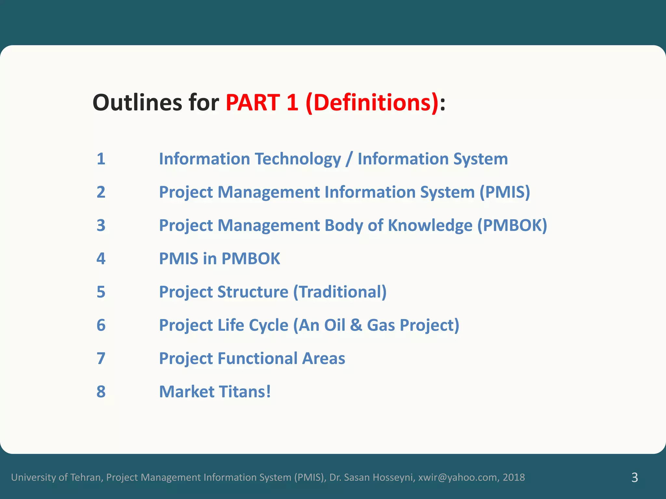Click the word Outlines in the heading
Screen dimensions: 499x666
[x=137, y=103]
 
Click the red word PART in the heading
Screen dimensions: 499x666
[x=253, y=103]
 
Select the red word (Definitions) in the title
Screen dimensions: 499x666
[x=372, y=103]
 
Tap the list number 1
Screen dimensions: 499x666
[x=101, y=159]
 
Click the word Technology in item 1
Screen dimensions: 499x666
[x=298, y=159]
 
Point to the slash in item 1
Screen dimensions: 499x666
[x=349, y=159]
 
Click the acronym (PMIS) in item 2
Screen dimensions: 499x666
[x=505, y=192]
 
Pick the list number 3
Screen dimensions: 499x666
[x=101, y=225]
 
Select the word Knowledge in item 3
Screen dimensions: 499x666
[x=430, y=225]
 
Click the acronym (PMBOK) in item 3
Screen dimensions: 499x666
[x=512, y=225]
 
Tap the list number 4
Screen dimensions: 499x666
[x=101, y=259]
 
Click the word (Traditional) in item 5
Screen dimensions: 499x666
[x=340, y=292]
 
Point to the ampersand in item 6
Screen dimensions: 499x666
[x=356, y=325]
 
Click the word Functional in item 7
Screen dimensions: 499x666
[x=257, y=358]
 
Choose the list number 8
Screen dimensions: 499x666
[x=101, y=391]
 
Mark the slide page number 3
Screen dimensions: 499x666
[x=634, y=478]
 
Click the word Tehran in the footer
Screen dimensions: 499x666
[x=85, y=477]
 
